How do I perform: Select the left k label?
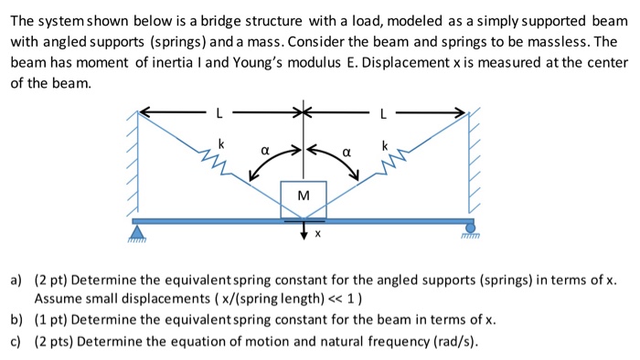coord(220,143)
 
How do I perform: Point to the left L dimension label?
coord(219,114)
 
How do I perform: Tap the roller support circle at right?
coord(471,227)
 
